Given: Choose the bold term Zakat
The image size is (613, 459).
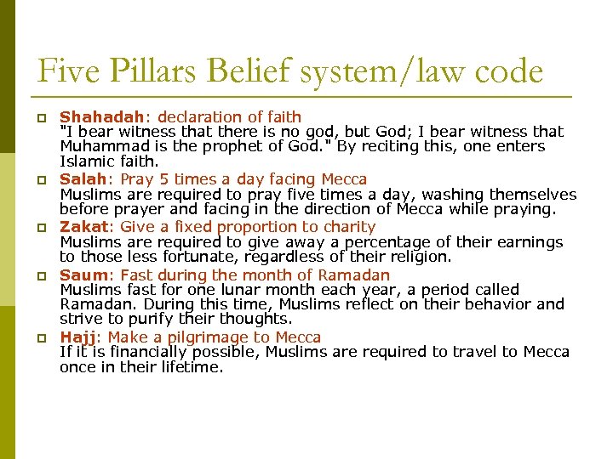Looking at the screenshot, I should coord(85,227).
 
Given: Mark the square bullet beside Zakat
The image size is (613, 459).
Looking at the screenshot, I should coord(40,229).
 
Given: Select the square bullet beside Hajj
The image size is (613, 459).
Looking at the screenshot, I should coord(40,339).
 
